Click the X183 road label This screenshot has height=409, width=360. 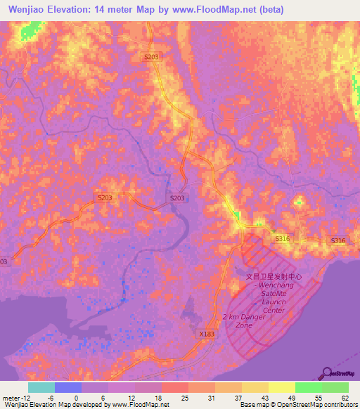tap(207, 334)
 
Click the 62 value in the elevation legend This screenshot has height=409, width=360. tap(344, 397)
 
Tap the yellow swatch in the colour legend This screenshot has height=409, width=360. tap(281, 387)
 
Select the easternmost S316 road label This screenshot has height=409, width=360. tap(339, 241)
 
